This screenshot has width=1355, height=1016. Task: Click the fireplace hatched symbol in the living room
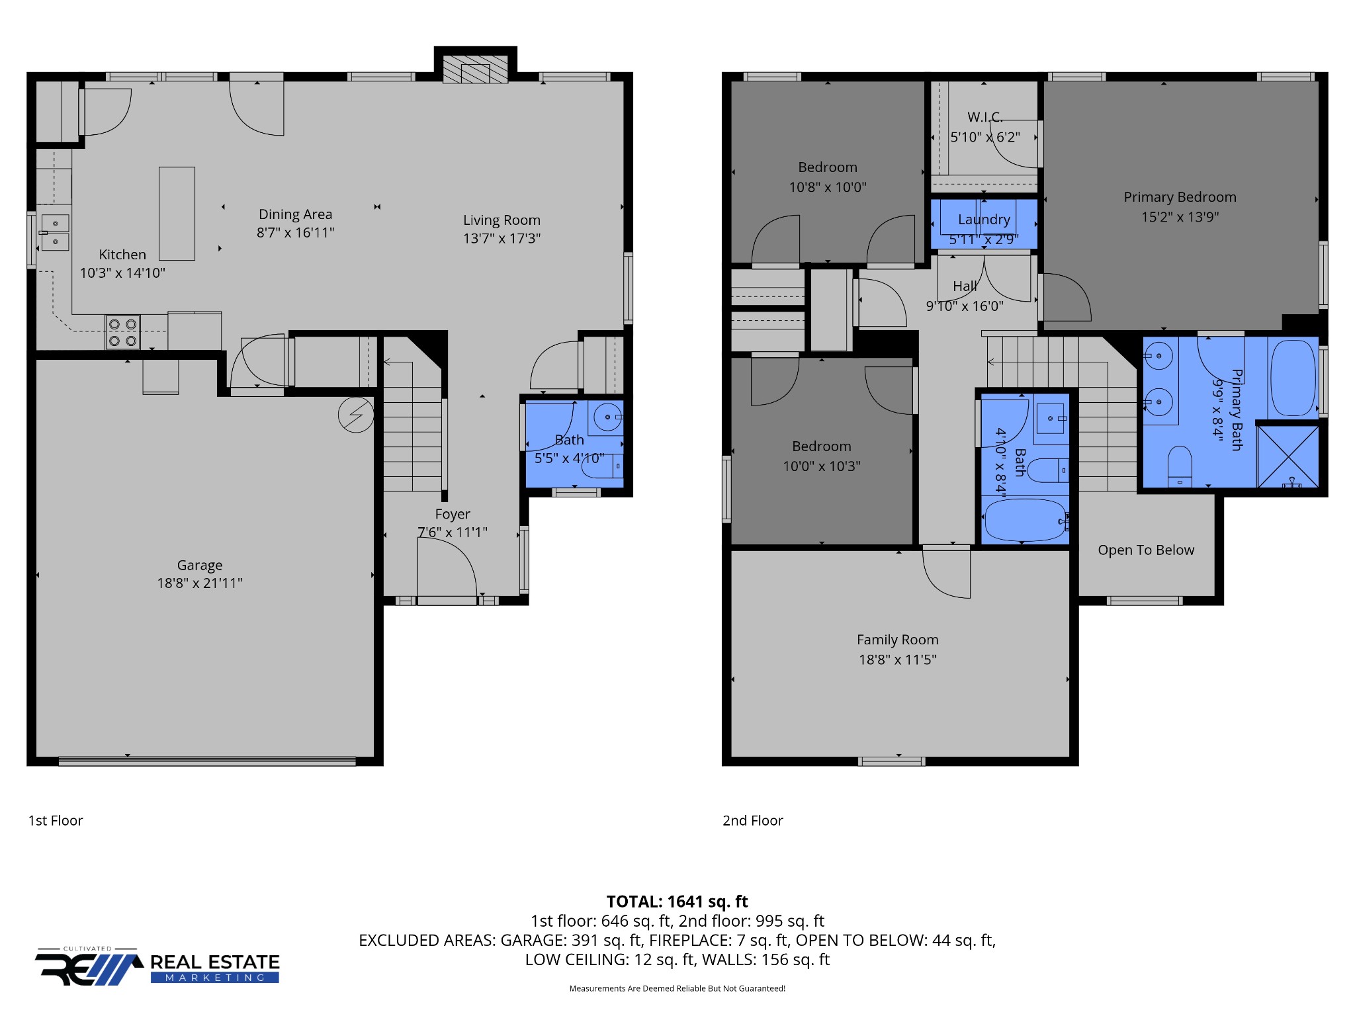pos(475,69)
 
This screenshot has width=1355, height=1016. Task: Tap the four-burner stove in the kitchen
pos(122,333)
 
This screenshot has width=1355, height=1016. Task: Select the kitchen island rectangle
pos(177,213)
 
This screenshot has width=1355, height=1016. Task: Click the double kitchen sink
pos(55,233)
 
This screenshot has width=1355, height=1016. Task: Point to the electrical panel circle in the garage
pos(356,415)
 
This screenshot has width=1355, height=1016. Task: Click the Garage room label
pos(200,565)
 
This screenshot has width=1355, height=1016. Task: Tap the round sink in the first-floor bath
pos(607,417)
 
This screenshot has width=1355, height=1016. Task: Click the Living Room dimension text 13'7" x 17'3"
pos(502,238)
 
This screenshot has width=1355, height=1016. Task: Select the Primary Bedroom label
pos(1180,197)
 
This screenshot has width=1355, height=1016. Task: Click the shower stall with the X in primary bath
pos(1288,457)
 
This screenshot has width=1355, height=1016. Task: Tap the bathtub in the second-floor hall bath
pos(1025,520)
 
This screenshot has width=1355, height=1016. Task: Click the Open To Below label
pos(1146,550)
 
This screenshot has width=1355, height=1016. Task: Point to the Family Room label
pos(897,640)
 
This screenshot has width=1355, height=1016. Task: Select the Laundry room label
pos(984,220)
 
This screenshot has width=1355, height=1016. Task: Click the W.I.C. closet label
pos(985,117)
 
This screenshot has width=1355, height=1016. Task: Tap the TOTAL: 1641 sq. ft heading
pos(677,902)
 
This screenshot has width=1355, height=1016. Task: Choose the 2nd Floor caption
pos(752,820)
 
